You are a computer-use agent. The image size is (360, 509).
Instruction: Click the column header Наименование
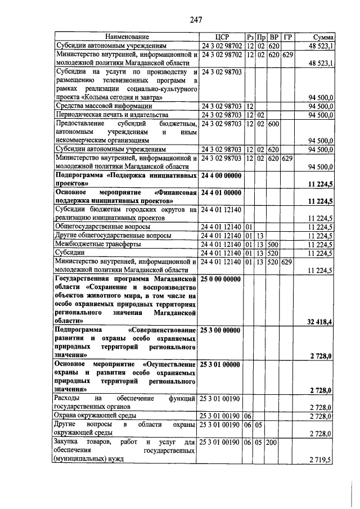tap(126, 36)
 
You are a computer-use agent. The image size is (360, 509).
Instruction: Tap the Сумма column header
tap(320, 36)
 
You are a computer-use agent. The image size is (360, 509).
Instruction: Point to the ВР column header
tap(274, 36)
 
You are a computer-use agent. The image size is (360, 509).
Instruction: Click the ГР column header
tap(287, 36)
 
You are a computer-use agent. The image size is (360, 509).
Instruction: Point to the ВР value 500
tap(273, 245)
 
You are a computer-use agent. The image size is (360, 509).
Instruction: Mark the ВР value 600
tap(273, 124)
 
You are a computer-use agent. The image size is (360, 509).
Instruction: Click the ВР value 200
tap(273, 442)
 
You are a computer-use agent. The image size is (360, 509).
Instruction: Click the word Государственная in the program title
tap(83, 280)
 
